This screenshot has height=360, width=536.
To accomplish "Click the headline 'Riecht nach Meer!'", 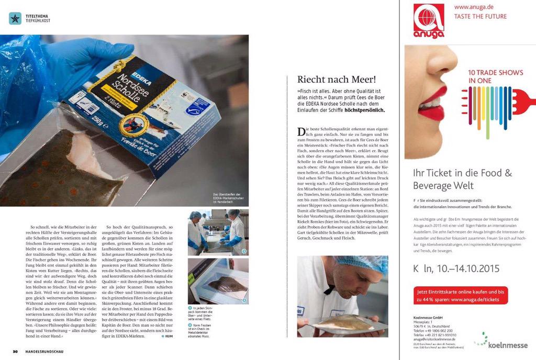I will pos(337,80).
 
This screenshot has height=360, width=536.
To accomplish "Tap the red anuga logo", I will pos(429,21).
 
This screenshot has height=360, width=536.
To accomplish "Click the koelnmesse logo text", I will pos(508,345).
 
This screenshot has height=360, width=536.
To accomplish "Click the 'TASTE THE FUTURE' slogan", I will pos(481,16).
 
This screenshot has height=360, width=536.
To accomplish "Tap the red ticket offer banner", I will pos(460,295).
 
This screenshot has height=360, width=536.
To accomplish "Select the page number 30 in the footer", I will pos(16,351).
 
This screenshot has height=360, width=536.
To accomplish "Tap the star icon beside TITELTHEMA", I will pos(15,18).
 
